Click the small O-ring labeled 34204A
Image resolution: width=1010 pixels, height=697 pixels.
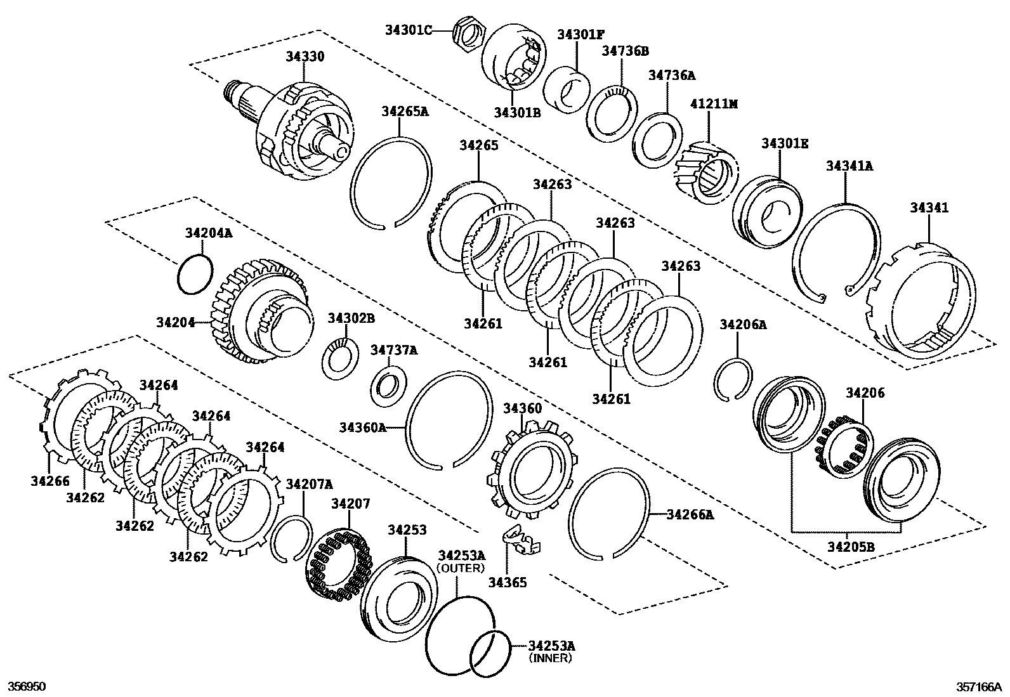click(x=194, y=274)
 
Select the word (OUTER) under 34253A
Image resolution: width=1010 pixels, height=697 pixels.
click(x=461, y=568)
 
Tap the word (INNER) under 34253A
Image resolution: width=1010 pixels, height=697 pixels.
click(x=551, y=658)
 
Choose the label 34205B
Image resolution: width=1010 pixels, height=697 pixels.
click(x=850, y=547)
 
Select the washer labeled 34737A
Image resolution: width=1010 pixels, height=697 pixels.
click(x=388, y=387)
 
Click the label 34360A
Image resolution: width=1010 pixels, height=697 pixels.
click(x=362, y=427)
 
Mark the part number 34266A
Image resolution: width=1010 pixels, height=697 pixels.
click(x=690, y=515)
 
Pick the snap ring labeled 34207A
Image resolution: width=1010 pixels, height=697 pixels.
click(x=291, y=539)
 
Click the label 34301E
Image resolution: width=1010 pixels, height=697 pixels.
click(x=785, y=144)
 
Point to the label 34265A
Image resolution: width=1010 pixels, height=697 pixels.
click(x=405, y=112)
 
